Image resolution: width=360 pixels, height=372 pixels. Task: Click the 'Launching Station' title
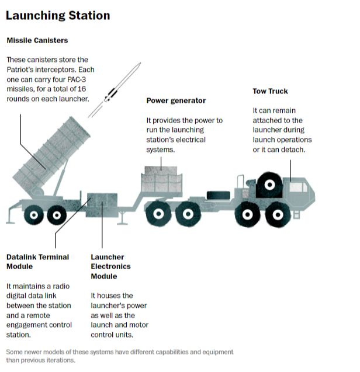coord(58,16)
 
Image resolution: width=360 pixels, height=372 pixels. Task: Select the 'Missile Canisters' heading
coord(37,40)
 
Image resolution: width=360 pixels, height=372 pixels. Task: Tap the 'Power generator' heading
coord(176,100)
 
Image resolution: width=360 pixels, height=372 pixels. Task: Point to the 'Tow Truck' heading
coord(270,91)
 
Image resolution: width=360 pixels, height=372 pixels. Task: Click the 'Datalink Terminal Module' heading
coord(37,262)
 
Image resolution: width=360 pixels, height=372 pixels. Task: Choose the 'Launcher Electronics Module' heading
coord(110,267)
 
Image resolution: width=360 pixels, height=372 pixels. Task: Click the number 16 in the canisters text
coord(82,89)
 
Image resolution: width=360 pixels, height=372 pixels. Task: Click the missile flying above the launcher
coord(114,90)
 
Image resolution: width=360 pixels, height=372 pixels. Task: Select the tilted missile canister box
coord(51,155)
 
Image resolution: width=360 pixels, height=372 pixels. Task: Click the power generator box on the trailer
coord(162,180)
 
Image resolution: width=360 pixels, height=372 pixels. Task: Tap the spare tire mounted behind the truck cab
coord(269,185)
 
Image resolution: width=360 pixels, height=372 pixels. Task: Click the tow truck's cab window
coord(297,187)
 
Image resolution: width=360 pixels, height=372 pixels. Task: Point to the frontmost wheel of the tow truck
coord(278,215)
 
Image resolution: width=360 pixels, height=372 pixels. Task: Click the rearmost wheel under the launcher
coord(34,215)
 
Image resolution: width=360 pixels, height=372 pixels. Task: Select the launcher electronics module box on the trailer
coord(102,205)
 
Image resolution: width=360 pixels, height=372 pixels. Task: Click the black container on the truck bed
coord(219,195)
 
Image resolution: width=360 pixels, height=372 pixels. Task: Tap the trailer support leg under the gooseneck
coord(122,218)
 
